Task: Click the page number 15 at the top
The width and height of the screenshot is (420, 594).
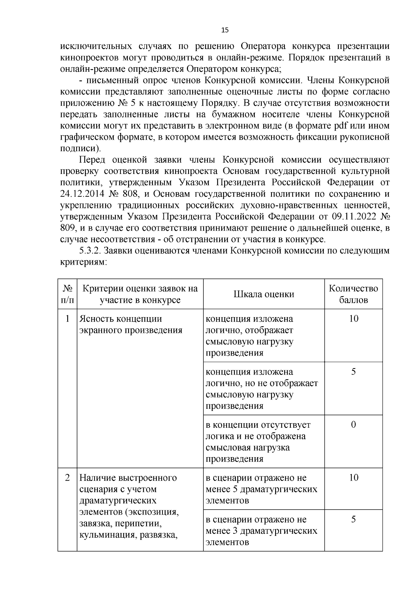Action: tap(225, 30)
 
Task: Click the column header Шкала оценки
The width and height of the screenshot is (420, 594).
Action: tap(264, 294)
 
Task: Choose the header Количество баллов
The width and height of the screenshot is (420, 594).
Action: tap(353, 294)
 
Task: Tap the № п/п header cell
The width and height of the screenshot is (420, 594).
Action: tap(68, 294)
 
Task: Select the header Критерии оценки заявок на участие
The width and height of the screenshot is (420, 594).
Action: tap(140, 294)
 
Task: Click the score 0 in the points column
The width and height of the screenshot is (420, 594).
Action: tap(353, 425)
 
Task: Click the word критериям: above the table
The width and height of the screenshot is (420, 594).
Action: tap(83, 262)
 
